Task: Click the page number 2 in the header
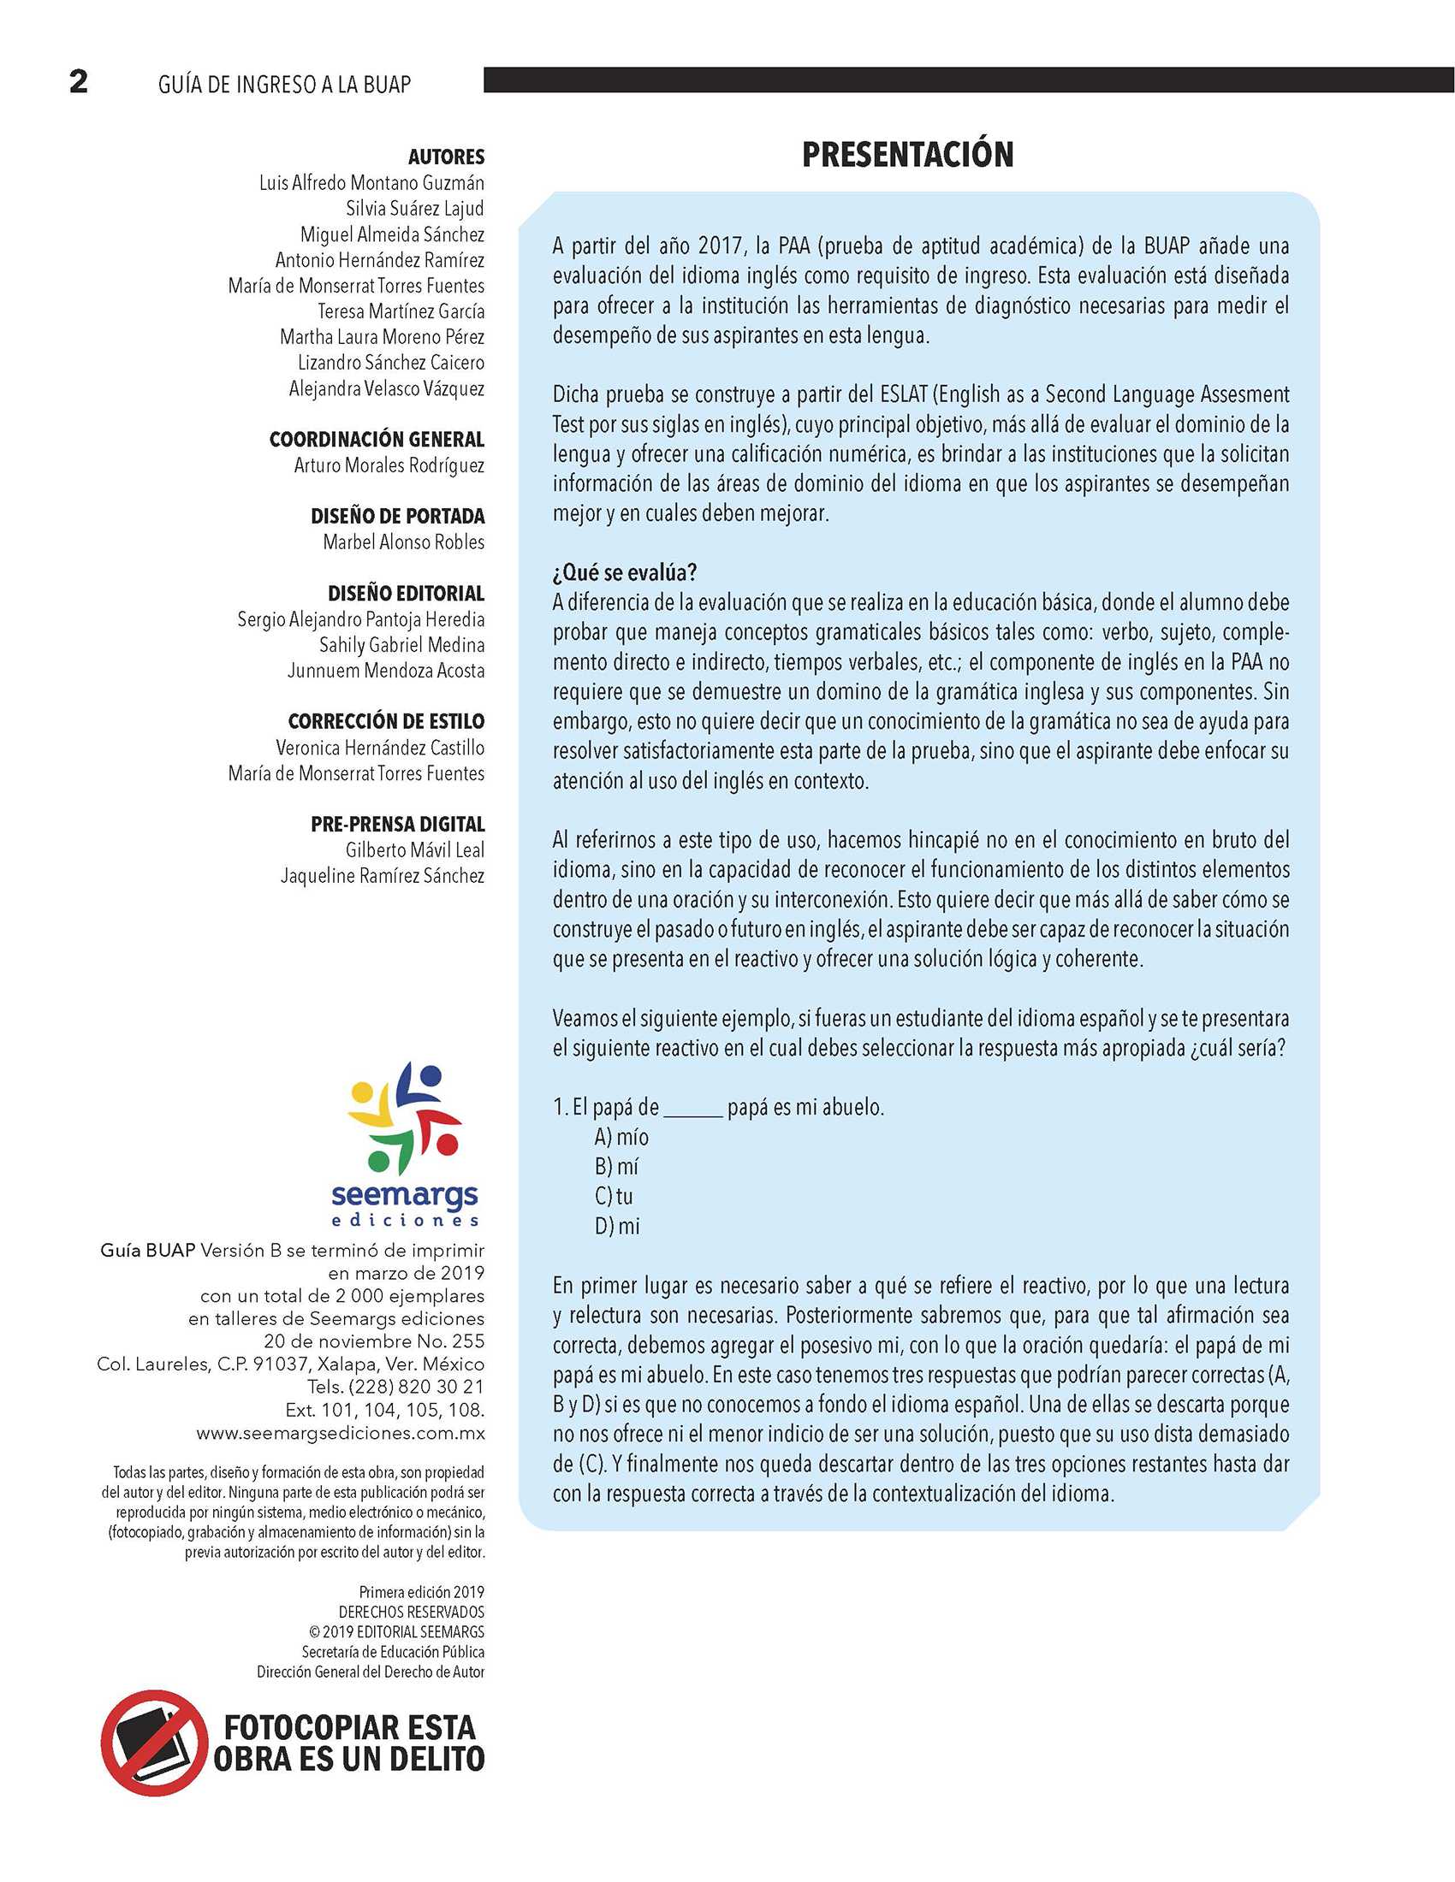(79, 82)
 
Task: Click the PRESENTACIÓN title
(906, 155)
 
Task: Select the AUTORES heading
(446, 157)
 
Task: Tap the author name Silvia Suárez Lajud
(414, 209)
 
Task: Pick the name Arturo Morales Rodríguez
(389, 465)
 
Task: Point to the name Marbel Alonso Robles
(403, 542)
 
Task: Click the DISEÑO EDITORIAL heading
(406, 594)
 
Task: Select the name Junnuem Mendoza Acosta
(385, 671)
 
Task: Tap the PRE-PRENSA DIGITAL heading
(397, 824)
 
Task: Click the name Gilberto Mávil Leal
(414, 849)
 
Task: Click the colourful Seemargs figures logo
(404, 1118)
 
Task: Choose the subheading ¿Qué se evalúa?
(624, 573)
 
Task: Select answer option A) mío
(621, 1138)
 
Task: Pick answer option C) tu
(613, 1196)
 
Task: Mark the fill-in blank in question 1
(693, 1110)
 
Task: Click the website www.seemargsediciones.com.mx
(341, 1433)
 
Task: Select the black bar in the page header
(968, 80)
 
